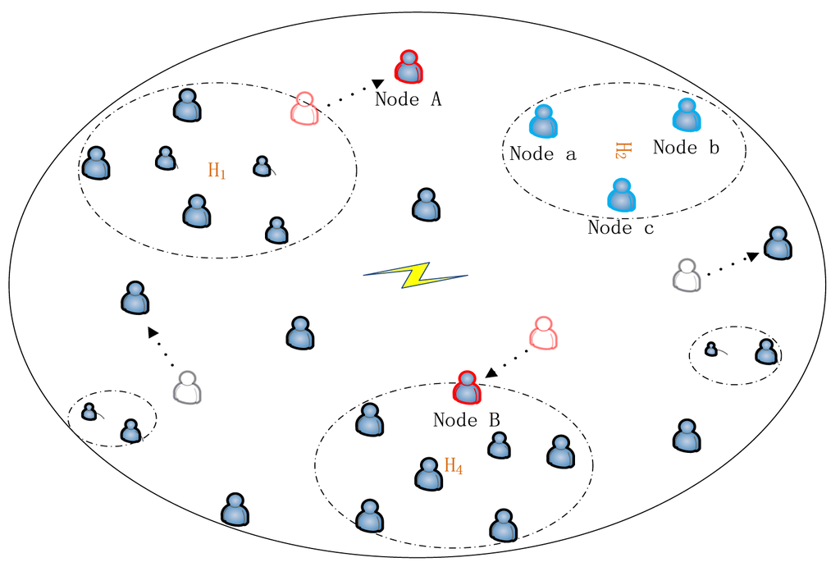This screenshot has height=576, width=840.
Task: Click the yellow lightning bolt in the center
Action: click(x=416, y=276)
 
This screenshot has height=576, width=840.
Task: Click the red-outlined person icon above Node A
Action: click(x=409, y=67)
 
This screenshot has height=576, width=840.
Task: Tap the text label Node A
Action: click(x=409, y=100)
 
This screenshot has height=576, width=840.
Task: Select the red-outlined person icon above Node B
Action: click(x=467, y=388)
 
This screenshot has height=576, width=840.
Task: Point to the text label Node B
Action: click(x=466, y=420)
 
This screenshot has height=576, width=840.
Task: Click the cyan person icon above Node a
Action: click(x=542, y=121)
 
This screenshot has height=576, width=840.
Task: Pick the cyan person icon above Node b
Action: click(x=686, y=116)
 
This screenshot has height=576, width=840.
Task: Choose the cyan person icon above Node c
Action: click(x=621, y=196)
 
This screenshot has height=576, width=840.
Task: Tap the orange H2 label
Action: click(x=621, y=150)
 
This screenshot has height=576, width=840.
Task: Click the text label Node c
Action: click(x=621, y=228)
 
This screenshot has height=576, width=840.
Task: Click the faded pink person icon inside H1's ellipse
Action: click(x=304, y=109)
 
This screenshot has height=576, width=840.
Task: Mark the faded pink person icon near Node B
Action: click(x=542, y=333)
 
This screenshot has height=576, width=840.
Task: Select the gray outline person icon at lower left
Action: click(x=188, y=387)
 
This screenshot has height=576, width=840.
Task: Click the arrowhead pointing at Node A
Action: click(x=378, y=83)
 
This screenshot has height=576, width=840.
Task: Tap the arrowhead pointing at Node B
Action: click(x=491, y=373)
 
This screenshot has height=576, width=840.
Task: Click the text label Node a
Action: click(x=542, y=153)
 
